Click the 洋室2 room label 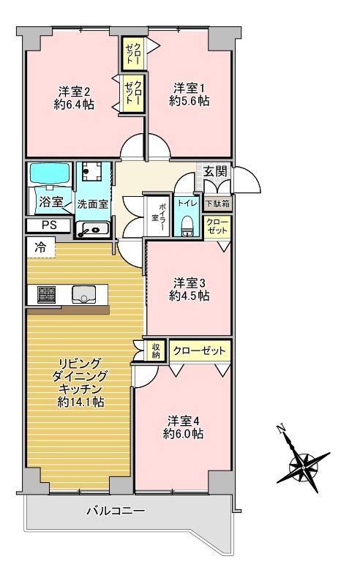(x=74, y=91)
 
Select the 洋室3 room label (x=190, y=282)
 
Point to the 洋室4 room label (x=184, y=421)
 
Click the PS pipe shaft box (x=49, y=225)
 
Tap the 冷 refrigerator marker (x=40, y=247)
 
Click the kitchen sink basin (x=83, y=295)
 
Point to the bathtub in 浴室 (x=49, y=174)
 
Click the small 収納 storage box (x=156, y=350)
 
